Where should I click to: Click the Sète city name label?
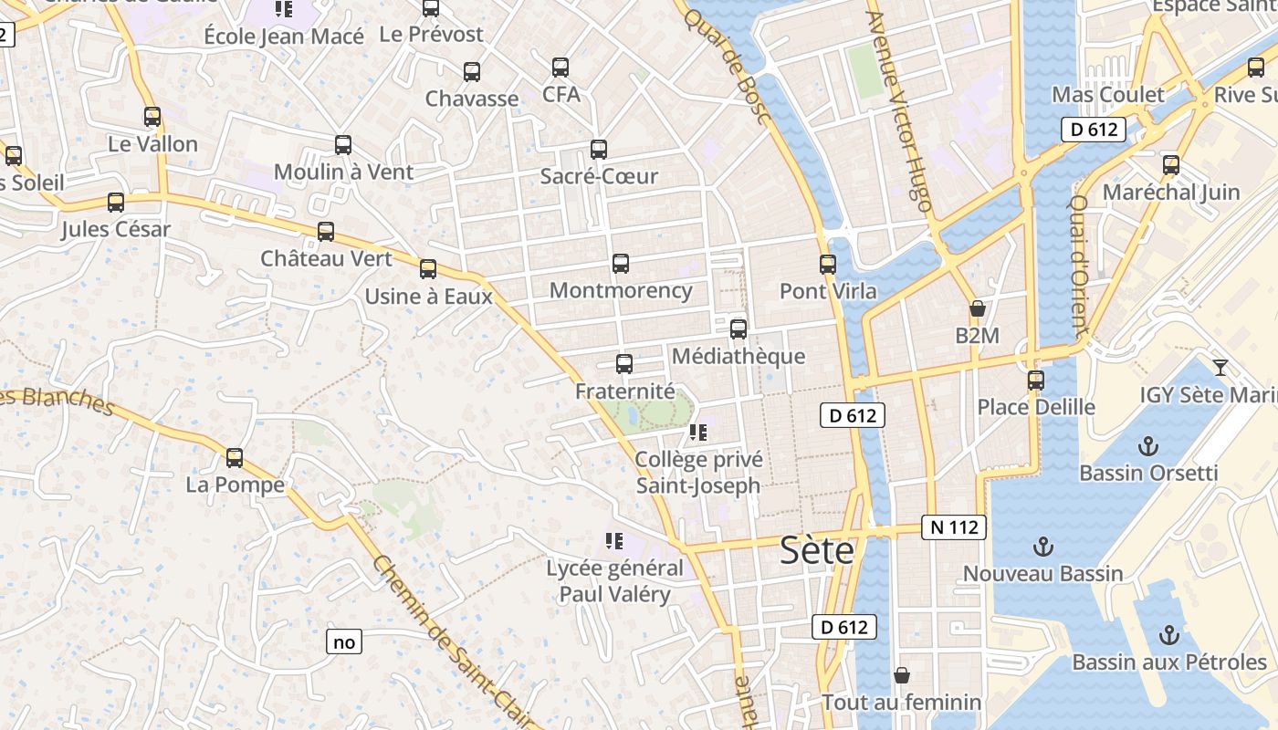click(817, 550)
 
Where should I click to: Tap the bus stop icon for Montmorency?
click(621, 264)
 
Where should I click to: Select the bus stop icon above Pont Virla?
click(828, 265)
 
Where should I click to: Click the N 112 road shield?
click(954, 527)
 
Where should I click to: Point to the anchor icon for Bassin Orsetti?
click(1148, 446)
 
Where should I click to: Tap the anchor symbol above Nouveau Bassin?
click(1042, 547)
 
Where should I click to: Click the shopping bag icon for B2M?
click(978, 308)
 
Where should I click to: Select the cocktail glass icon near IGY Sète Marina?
click(1220, 368)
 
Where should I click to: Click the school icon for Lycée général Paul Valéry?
click(614, 541)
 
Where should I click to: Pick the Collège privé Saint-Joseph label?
click(698, 473)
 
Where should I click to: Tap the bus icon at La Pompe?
click(235, 458)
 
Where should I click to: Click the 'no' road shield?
click(344, 641)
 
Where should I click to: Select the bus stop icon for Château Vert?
click(326, 232)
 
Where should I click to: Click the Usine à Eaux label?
click(428, 297)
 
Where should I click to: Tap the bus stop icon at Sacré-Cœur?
click(599, 150)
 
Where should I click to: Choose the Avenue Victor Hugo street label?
click(898, 111)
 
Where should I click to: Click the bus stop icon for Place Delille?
click(1036, 380)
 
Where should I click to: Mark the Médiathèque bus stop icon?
click(739, 329)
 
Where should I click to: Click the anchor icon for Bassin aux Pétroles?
click(1168, 635)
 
